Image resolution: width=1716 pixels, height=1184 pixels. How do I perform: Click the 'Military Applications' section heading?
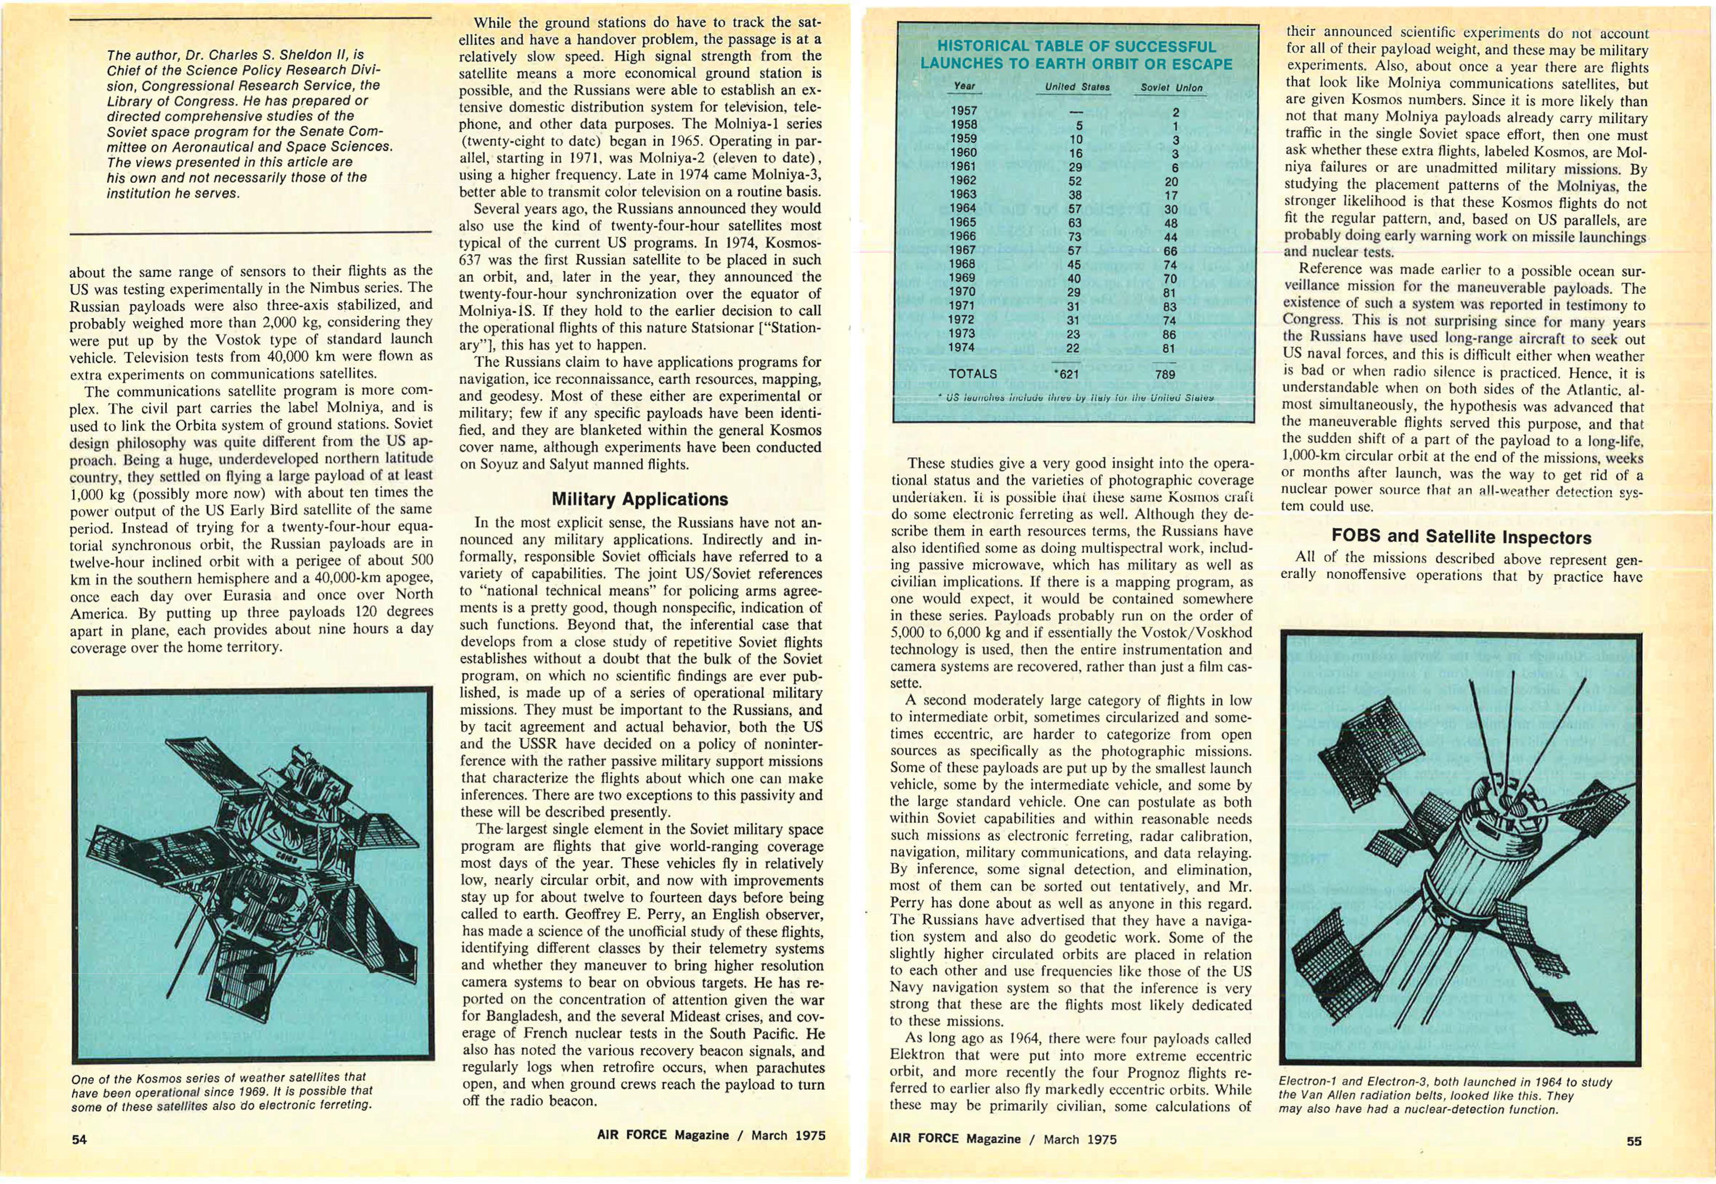tap(640, 499)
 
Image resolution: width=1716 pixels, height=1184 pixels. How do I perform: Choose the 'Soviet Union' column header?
tap(1172, 88)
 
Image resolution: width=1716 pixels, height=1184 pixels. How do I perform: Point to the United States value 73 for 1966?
tap(1074, 237)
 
